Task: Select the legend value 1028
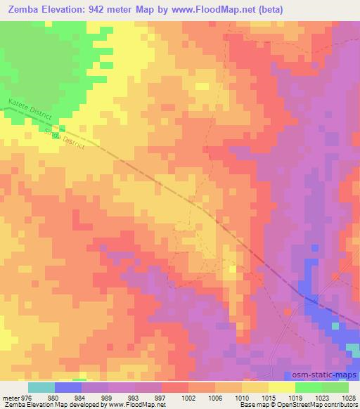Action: tap(348, 397)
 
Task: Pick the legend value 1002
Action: tap(188, 397)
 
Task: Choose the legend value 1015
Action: tap(268, 397)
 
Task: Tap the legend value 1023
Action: tap(321, 397)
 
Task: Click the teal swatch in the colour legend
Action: tap(41, 387)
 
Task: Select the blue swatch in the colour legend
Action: tap(68, 387)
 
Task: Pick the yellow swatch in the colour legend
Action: tap(281, 387)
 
